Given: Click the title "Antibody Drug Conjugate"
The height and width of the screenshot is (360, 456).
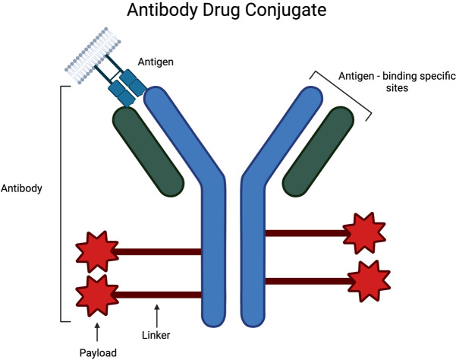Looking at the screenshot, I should pyautogui.click(x=228, y=14).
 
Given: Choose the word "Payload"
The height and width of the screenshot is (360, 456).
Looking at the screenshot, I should pyautogui.click(x=98, y=351).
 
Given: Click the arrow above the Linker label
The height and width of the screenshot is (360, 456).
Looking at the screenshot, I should pyautogui.click(x=158, y=311).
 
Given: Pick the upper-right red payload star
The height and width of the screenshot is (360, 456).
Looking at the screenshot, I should pyautogui.click(x=362, y=232).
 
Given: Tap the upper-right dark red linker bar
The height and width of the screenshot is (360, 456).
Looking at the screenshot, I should pyautogui.click(x=303, y=232).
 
